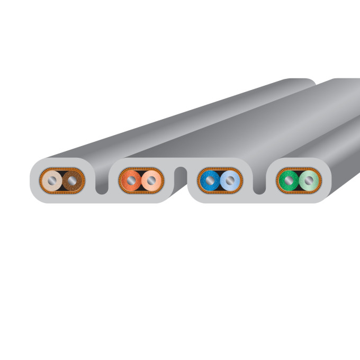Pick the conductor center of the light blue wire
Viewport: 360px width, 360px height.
point(229,181)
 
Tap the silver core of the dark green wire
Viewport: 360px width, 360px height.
point(289,181)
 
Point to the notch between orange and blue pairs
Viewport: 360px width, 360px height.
point(181,175)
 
